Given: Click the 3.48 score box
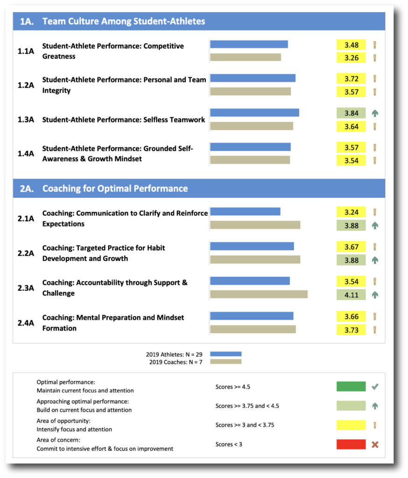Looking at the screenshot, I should point(351,45).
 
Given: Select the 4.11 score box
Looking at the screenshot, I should point(351,295).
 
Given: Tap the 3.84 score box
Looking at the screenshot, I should point(351,113).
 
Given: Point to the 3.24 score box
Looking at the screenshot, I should point(351,212).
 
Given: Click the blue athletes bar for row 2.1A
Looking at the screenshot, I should point(245,211).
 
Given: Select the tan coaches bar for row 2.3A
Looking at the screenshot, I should point(259,294).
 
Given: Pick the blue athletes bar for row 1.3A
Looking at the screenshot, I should point(254,112).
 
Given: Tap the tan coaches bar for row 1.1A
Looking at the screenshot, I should point(246,57).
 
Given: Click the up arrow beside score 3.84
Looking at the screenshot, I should point(374,113).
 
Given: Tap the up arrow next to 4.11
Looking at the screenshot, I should point(374,295).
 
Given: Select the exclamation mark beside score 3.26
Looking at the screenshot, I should point(374,58).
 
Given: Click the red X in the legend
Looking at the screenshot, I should point(374,444).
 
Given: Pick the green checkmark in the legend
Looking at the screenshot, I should point(374,387).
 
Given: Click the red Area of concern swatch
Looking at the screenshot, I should point(351,444).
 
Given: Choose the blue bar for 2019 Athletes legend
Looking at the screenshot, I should point(225,354).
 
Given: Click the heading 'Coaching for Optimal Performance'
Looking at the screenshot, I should point(115,189).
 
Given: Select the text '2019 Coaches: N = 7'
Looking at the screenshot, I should point(176,362).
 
